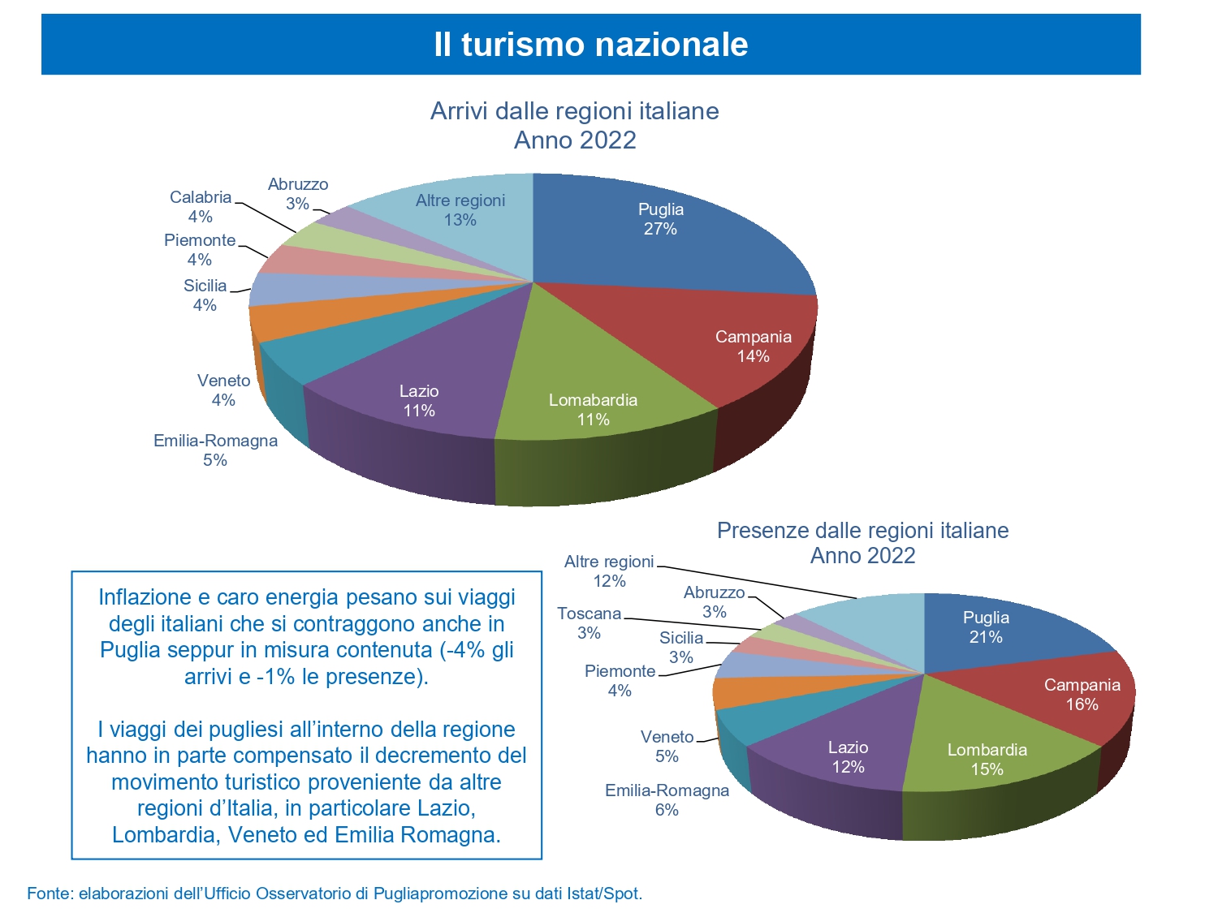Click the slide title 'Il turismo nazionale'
pyautogui.click(x=590, y=44)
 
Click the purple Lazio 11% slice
pyautogui.click(x=422, y=390)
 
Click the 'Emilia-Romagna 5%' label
pyautogui.click(x=215, y=450)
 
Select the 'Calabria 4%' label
pyautogui.click(x=201, y=207)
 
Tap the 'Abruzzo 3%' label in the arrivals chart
pyautogui.click(x=298, y=194)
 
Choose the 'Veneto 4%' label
pyautogui.click(x=223, y=390)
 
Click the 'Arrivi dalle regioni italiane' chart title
pyautogui.click(x=574, y=111)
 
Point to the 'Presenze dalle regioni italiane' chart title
pyautogui.click(x=862, y=531)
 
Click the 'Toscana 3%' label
pyautogui.click(x=589, y=623)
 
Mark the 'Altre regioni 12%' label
pyautogui.click(x=609, y=571)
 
